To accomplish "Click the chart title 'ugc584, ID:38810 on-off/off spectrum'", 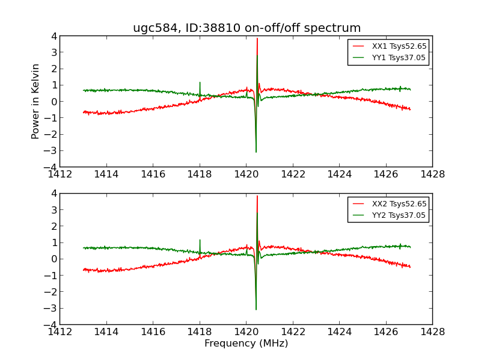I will point(247,28).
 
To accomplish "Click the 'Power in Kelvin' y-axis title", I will point(36,101).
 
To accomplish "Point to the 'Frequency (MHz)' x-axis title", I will point(246,344).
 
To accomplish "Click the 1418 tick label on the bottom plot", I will point(200,332).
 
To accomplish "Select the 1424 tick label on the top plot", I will point(339,174).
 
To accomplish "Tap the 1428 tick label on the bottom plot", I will point(432,332).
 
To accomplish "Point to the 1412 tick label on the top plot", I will point(60,174).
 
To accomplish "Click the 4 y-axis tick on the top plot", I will point(54,36).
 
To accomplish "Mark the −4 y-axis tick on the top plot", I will point(51,167).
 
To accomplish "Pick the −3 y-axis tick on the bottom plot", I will point(51,308).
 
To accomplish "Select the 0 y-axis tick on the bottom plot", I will point(54,259).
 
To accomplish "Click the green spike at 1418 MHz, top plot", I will point(200,83).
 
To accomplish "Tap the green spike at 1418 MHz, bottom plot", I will point(200,241).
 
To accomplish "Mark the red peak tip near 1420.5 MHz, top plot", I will point(257,39).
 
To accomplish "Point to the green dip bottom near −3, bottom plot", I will point(256,309).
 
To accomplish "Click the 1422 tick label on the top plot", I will point(293,174).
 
